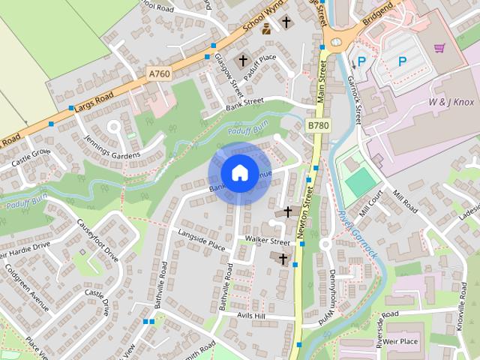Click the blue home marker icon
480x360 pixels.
239,173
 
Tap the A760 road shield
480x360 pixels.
159,73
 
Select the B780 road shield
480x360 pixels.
319,127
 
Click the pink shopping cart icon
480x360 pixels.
439,48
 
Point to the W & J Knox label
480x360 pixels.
452,101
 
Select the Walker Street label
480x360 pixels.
268,241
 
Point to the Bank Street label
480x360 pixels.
245,105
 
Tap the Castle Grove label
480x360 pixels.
30,157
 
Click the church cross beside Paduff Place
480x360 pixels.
242,60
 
